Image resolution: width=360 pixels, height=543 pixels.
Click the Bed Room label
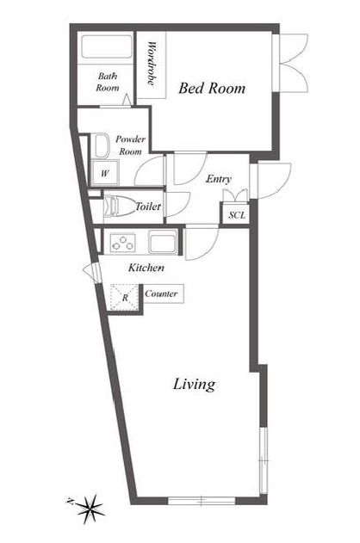212,89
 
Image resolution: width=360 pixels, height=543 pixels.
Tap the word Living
194,385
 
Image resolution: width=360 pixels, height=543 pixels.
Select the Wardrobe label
152,64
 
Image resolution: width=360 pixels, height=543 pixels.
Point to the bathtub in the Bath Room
107,47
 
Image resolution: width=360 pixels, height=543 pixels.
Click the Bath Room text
108,82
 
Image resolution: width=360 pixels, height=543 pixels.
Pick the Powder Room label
130,145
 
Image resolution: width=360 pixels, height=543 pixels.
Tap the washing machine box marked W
104,173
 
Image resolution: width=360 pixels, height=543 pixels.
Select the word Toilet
148,207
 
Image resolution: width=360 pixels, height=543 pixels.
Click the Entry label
219,179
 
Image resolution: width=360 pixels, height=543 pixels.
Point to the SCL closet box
236,214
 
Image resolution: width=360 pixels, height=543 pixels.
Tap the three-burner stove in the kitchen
122,243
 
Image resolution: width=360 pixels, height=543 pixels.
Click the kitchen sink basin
163,241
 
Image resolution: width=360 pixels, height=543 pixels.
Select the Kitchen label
146,268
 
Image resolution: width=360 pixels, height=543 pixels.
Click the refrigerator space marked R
124,297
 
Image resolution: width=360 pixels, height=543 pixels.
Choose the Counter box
163,294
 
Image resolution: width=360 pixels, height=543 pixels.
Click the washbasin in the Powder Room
101,146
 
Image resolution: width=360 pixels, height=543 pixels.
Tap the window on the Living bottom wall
202,501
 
